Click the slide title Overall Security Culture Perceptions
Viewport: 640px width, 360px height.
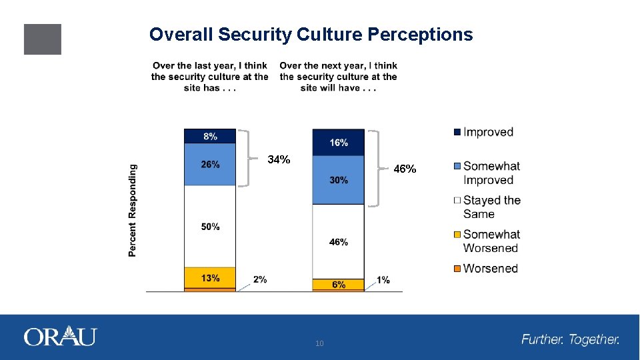(x=311, y=35)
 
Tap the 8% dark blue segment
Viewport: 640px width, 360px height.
(x=210, y=136)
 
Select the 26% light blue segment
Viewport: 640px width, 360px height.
(x=210, y=165)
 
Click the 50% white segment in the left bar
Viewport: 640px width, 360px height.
(x=210, y=227)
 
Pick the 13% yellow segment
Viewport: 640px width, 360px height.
(x=210, y=277)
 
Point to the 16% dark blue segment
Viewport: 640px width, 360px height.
(x=339, y=143)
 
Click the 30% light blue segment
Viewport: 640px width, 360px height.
(x=339, y=180)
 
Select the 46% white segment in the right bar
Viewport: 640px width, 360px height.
(x=339, y=242)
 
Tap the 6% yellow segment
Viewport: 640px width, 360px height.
(x=339, y=284)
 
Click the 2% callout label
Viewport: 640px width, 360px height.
(x=260, y=280)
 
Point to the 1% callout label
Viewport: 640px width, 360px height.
(x=383, y=280)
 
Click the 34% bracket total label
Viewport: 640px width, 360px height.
(x=279, y=160)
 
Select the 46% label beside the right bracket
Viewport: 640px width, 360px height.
(x=405, y=169)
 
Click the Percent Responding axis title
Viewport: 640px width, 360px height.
(x=133, y=211)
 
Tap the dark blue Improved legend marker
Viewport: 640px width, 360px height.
(x=457, y=132)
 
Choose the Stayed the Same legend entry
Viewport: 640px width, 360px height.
(x=491, y=207)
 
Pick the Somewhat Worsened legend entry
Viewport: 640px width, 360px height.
(x=491, y=241)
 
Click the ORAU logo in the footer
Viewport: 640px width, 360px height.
(x=60, y=337)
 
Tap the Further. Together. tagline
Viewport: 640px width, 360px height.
(x=570, y=340)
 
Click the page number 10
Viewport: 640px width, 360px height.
(x=319, y=343)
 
